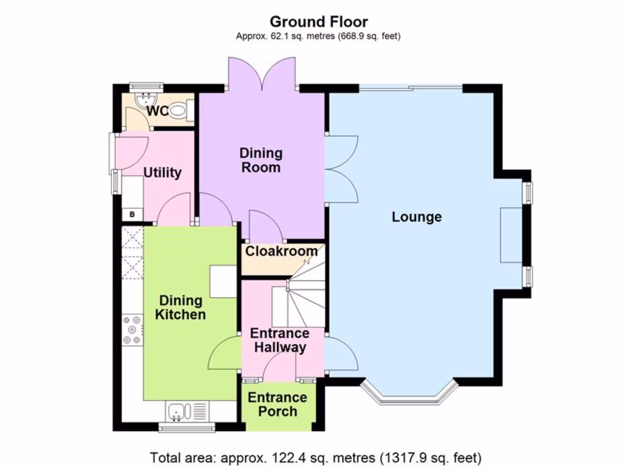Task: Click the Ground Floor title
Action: pos(318,22)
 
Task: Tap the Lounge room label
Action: pos(417,217)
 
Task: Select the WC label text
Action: pos(156,112)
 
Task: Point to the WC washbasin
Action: pos(147,99)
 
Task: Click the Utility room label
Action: pos(162,173)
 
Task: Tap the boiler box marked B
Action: pos(132,214)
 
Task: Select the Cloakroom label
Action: pos(281,251)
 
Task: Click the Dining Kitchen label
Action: pos(181,307)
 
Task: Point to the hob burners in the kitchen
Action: pos(132,330)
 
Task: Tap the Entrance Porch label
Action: pos(277,404)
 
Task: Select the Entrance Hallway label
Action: pos(280,341)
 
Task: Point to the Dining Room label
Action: pos(260,160)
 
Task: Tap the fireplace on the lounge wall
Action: pos(510,235)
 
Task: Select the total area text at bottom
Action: pos(316,456)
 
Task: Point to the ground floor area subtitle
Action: pos(318,36)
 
